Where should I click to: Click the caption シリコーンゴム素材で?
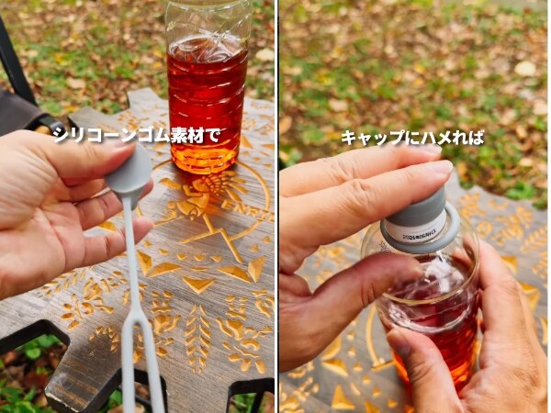[x=137, y=136]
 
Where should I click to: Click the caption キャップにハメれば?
[x=412, y=138]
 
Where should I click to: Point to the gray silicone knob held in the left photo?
[x=129, y=175]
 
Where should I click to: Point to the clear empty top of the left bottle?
[x=207, y=18]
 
